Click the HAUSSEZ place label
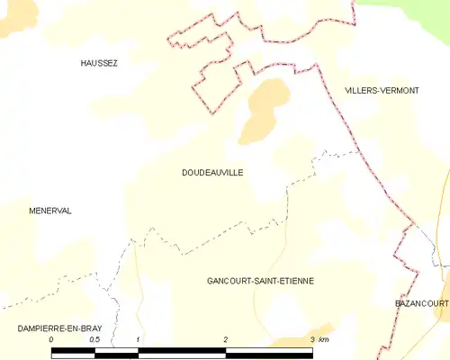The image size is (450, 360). click(x=99, y=63)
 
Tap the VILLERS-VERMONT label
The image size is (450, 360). click(x=382, y=90)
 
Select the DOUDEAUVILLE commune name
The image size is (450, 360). click(x=211, y=172)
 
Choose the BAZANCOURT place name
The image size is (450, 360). click(x=421, y=304)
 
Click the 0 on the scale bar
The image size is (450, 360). click(x=51, y=339)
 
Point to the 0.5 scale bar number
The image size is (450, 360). click(x=94, y=339)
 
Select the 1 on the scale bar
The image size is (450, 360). click(x=138, y=339)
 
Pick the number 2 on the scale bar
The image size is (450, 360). click(x=226, y=339)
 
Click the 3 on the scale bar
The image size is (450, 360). click(x=312, y=339)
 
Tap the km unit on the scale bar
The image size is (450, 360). click(x=325, y=339)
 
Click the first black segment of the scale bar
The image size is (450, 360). click(x=73, y=352)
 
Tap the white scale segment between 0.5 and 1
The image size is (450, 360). click(x=116, y=352)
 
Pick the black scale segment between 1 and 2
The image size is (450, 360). click(x=182, y=352)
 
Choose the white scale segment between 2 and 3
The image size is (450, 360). click(x=269, y=352)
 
